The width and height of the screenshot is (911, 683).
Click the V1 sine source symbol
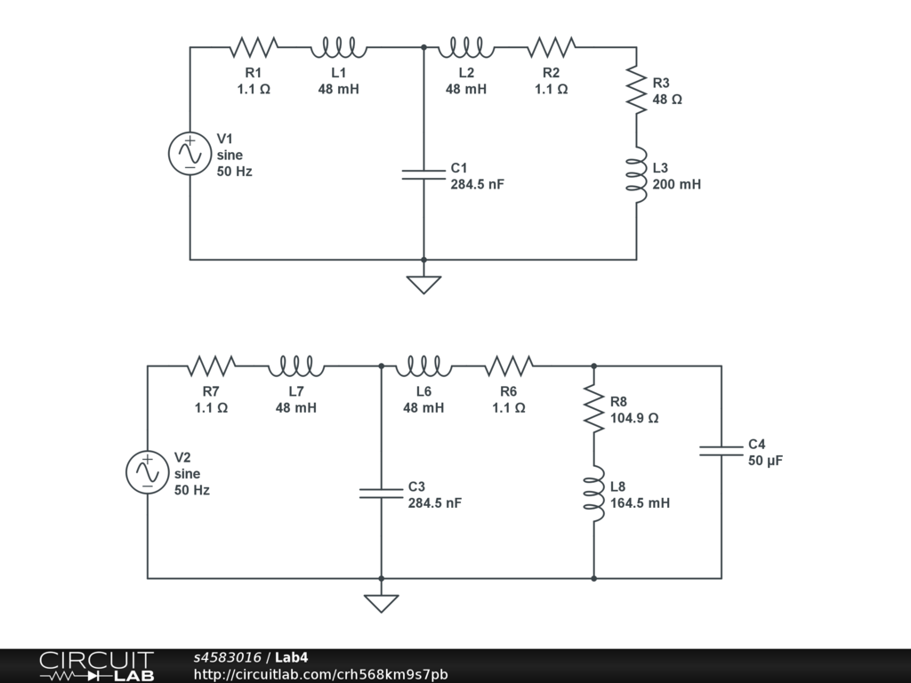(x=190, y=154)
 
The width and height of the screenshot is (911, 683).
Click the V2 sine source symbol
(x=148, y=473)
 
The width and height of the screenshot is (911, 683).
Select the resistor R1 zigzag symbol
(x=254, y=47)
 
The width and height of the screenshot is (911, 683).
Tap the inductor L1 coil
(x=339, y=48)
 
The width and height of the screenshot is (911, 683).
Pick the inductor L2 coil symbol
(x=466, y=48)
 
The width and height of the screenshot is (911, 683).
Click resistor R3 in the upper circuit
(x=637, y=90)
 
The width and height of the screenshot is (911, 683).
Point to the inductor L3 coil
(x=637, y=175)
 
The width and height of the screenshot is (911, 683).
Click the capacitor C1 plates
(x=423, y=174)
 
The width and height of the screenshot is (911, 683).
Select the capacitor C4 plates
(x=721, y=451)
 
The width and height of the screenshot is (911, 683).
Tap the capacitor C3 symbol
(x=381, y=493)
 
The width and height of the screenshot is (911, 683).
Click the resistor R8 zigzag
(x=593, y=409)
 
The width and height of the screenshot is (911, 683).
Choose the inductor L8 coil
(x=593, y=494)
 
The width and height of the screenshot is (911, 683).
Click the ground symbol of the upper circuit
(x=423, y=285)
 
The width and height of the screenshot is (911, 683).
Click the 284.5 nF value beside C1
(x=478, y=184)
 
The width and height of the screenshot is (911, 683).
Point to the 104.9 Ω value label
(x=634, y=418)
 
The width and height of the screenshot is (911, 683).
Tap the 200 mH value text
(x=677, y=184)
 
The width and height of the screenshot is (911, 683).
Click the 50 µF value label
(x=766, y=461)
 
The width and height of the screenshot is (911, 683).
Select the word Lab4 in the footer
(x=291, y=657)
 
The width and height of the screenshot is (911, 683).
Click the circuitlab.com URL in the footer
(x=320, y=674)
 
